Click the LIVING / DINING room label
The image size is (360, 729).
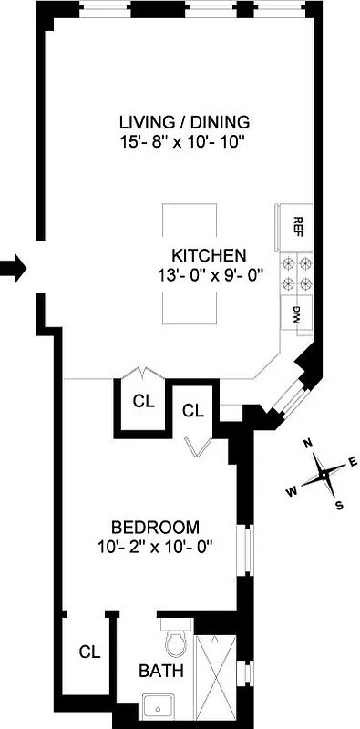click(184, 122)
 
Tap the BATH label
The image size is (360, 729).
click(160, 672)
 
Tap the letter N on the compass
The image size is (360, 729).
click(309, 445)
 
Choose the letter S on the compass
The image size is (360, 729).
click(339, 506)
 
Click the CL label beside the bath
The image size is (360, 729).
click(88, 652)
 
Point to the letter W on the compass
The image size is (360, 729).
click(293, 491)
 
